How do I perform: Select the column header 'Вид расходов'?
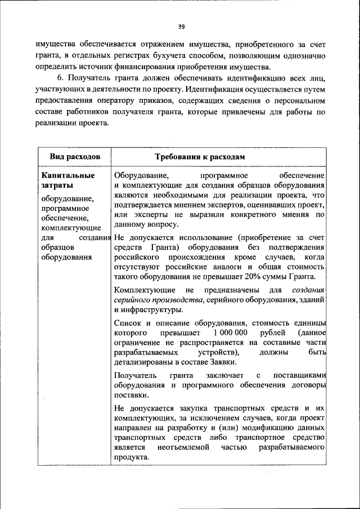pos(74,156)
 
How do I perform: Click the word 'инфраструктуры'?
pos(151,309)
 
